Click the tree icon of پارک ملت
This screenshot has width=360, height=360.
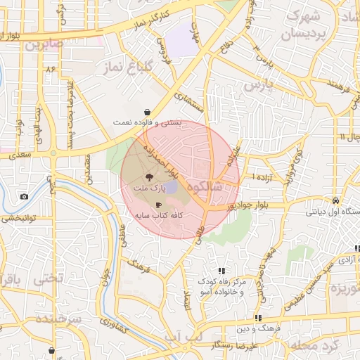[148, 177]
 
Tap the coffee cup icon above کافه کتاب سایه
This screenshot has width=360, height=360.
[158, 203]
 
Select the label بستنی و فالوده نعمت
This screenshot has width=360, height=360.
[147, 122]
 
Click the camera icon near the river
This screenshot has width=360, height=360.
[25, 196]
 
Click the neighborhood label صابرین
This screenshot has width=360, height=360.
[45, 44]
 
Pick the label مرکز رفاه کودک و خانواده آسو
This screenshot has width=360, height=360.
[222, 287]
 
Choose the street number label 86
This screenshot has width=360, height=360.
[50, 69]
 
